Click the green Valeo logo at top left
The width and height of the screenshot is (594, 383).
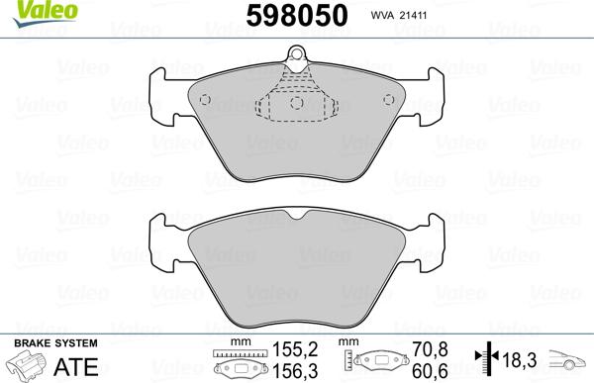[45, 13]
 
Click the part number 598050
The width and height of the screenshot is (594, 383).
[297, 16]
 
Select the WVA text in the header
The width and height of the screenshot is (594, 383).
[382, 16]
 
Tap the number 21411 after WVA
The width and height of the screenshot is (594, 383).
[414, 16]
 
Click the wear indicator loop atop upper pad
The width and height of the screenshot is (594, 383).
[296, 53]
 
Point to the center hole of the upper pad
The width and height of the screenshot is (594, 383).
[297, 102]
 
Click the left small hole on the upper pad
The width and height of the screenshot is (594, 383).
[205, 100]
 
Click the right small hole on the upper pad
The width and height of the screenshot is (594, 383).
[389, 100]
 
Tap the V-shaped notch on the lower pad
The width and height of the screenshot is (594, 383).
[297, 215]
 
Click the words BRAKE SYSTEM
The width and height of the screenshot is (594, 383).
[55, 343]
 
